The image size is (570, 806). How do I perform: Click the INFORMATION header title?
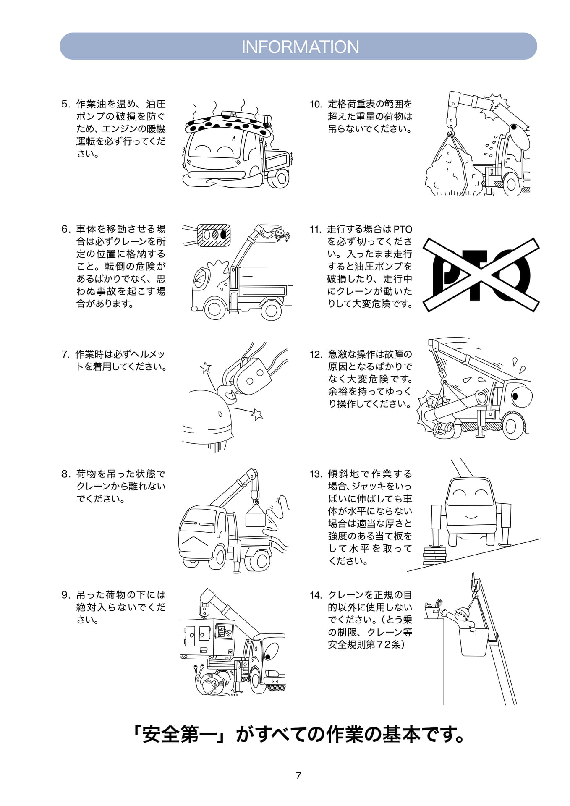click(300, 47)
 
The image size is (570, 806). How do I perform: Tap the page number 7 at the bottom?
click(298, 776)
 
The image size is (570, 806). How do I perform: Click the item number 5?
click(65, 104)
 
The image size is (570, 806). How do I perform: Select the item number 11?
click(315, 229)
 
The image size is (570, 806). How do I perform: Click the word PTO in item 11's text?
click(403, 229)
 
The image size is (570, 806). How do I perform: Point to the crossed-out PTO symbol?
click(481, 275)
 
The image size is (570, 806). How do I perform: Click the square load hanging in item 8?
click(255, 516)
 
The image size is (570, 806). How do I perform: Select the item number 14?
click(316, 595)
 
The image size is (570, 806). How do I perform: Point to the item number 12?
click(316, 355)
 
